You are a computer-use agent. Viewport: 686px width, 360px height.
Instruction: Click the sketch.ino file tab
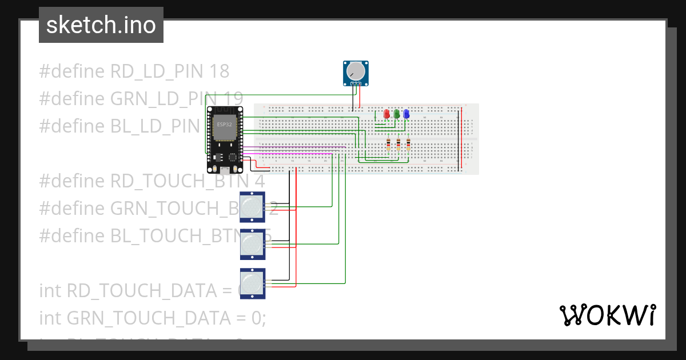[x=101, y=25]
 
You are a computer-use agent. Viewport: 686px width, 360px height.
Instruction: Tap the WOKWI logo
[x=607, y=315]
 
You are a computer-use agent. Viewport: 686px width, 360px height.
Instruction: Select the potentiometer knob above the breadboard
[x=356, y=71]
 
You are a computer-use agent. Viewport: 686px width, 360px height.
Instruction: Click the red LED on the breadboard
[x=386, y=114]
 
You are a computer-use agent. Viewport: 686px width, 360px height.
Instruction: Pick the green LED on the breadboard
[x=396, y=114]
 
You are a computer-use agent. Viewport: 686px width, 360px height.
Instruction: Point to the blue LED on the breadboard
[x=406, y=114]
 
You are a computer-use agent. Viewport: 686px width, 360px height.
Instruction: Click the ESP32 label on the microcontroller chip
[x=224, y=124]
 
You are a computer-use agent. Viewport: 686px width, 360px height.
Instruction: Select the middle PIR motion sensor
[x=252, y=245]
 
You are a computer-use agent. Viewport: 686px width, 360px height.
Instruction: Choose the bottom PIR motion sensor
[x=252, y=283]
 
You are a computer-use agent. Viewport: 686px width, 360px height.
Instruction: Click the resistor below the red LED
[x=389, y=144]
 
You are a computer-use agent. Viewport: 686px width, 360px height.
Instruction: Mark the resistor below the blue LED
[x=408, y=144]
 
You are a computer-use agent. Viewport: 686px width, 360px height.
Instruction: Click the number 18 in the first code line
[x=220, y=71]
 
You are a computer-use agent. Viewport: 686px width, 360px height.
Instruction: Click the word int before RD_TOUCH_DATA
[x=51, y=290]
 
